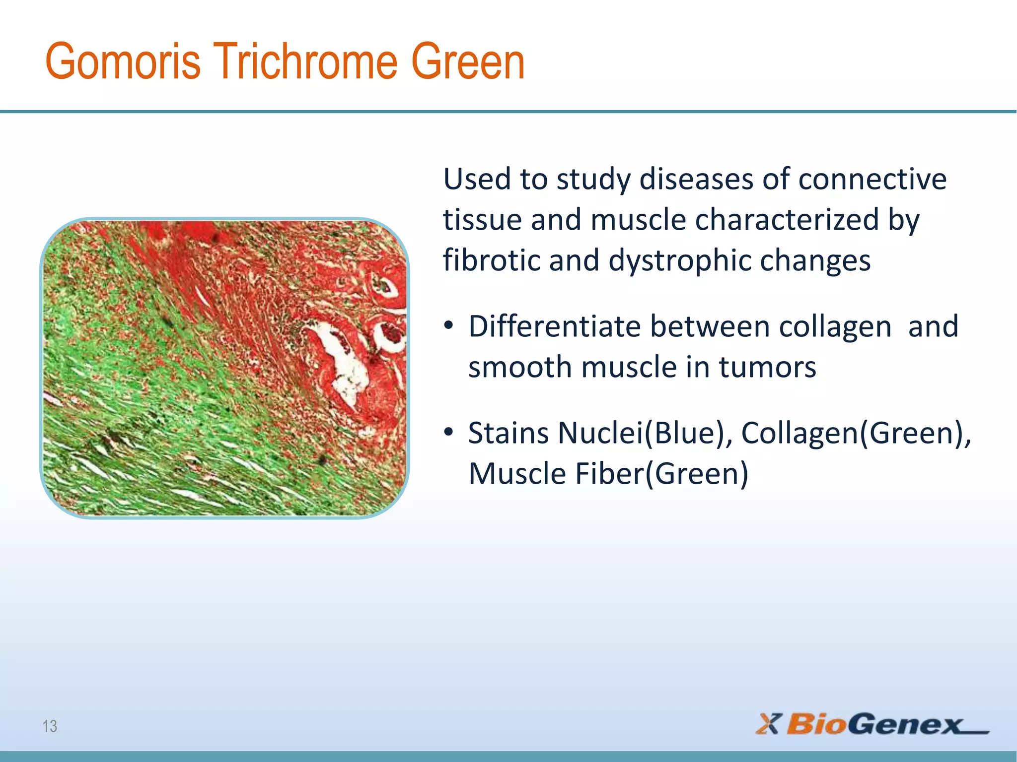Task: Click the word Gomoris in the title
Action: (123, 62)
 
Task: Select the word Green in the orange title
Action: (468, 62)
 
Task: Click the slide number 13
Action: (50, 726)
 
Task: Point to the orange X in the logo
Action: (769, 724)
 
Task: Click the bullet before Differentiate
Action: (448, 326)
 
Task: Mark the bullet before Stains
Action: (448, 432)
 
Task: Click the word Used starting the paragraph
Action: (477, 179)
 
